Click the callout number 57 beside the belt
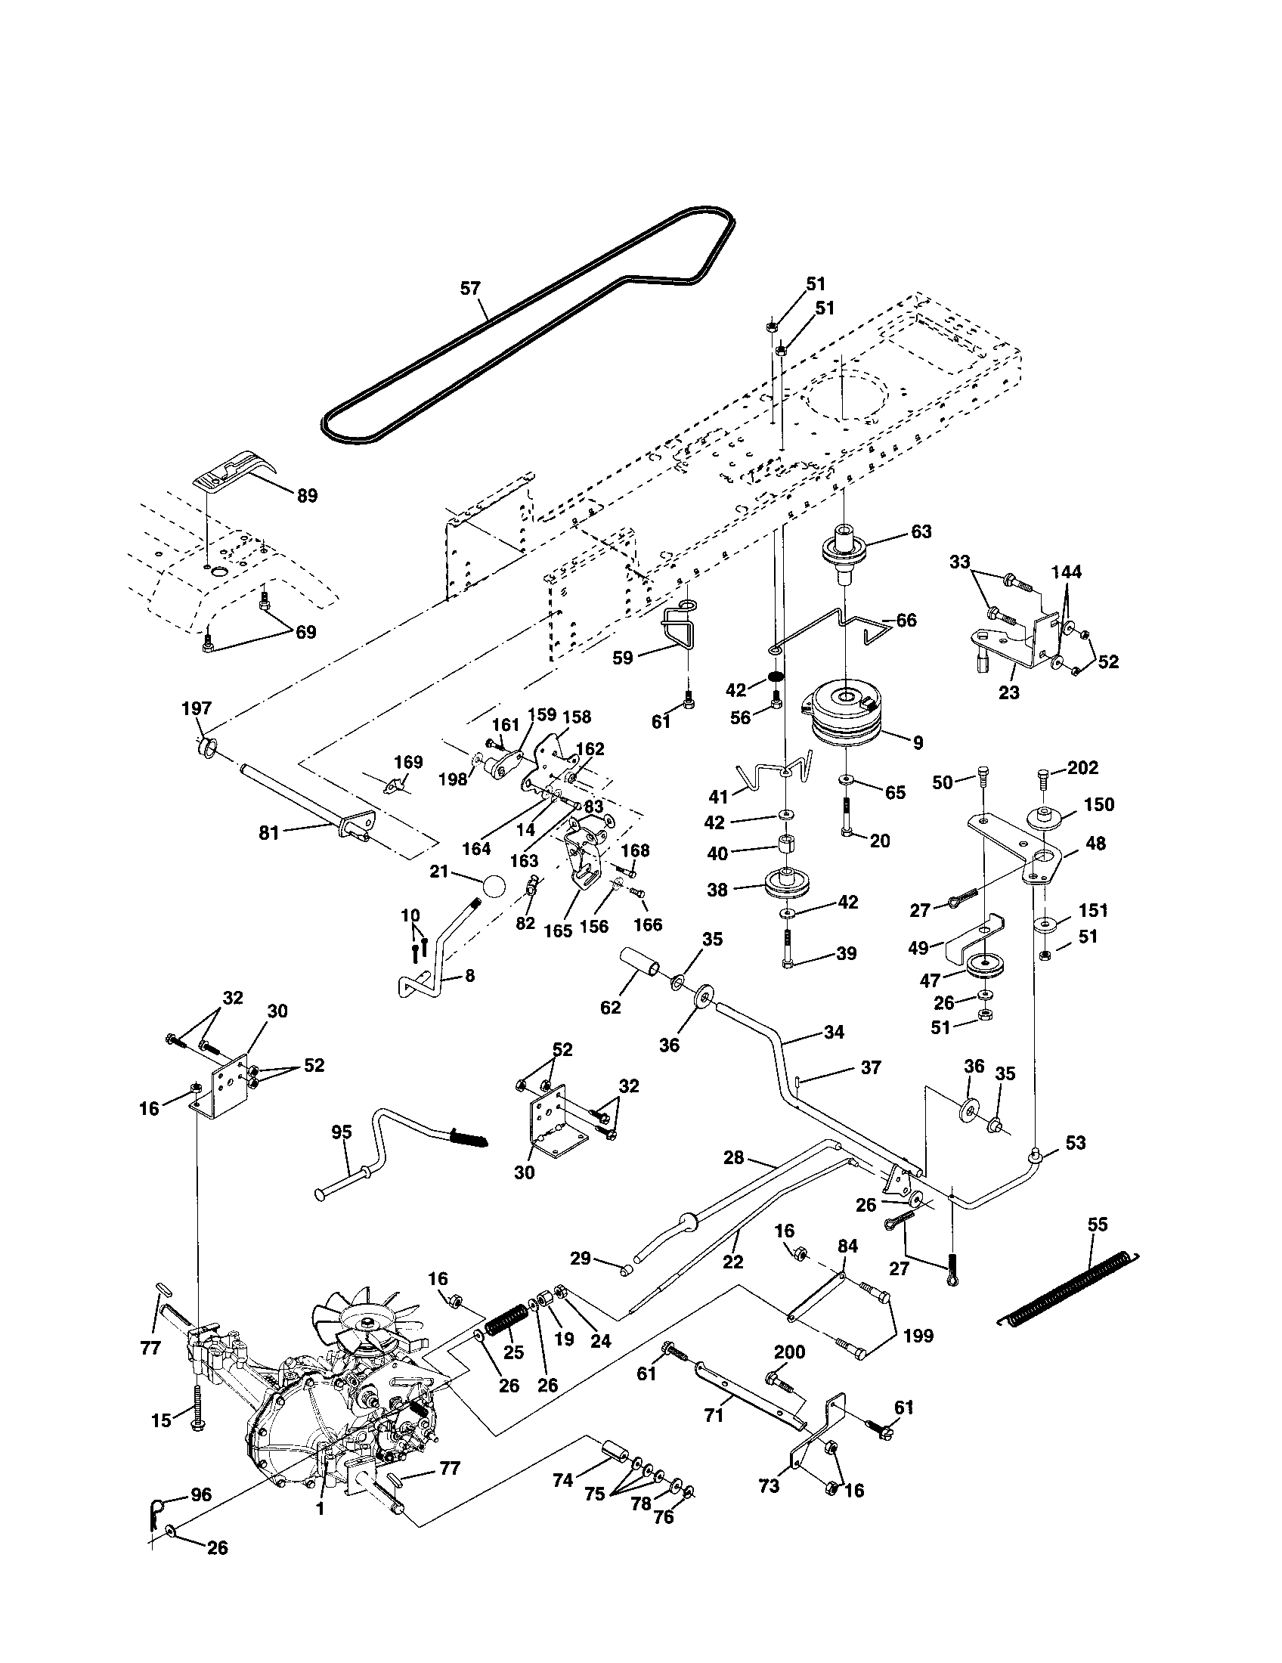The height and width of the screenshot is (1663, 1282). point(470,289)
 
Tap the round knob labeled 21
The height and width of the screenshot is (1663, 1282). point(494,887)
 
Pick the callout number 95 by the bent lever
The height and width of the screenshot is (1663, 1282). point(342,1132)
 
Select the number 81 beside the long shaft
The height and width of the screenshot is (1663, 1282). point(269,833)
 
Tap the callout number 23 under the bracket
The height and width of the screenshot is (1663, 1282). point(1009,692)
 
